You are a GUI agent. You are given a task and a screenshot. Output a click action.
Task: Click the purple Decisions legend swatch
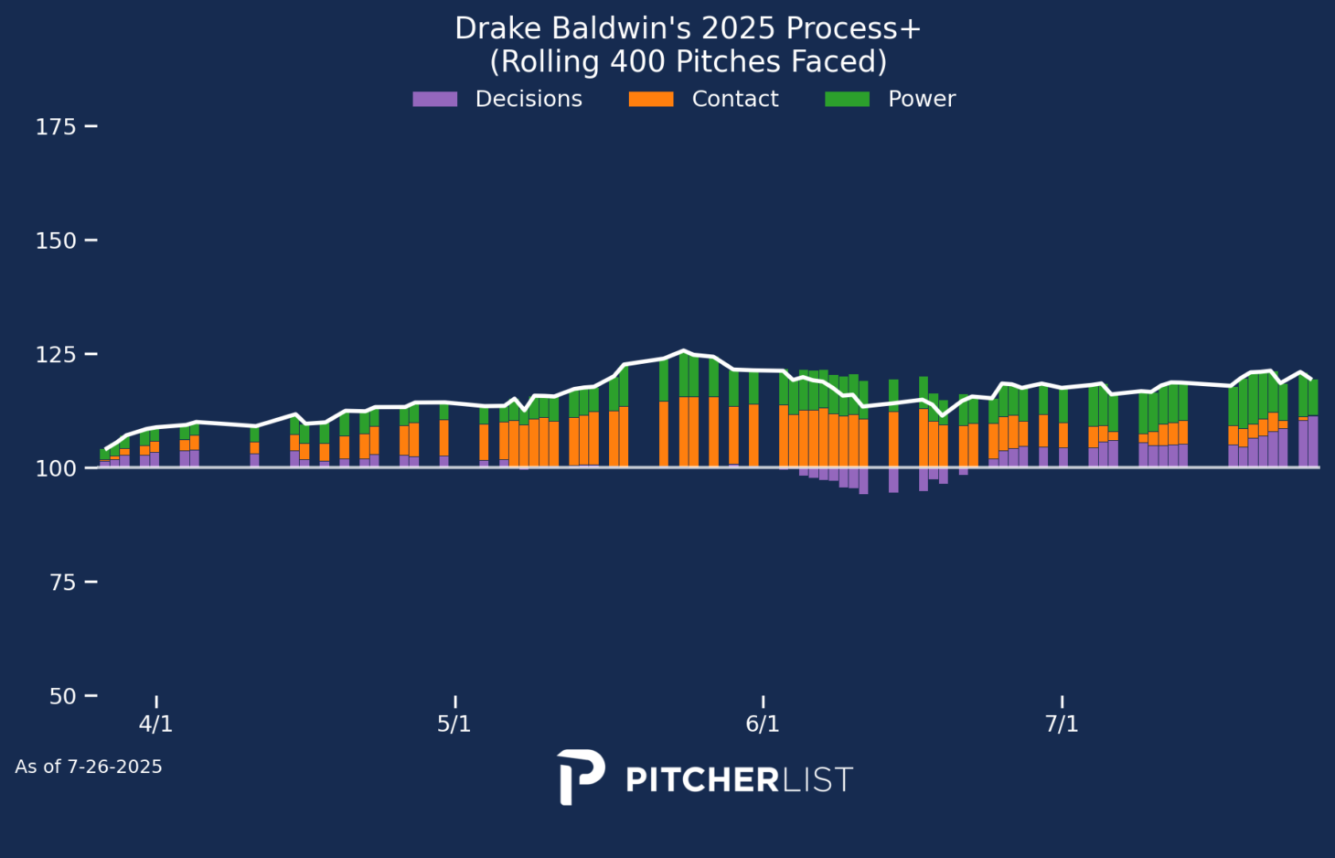[435, 99]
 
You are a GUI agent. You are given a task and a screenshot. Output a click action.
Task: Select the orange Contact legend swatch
[651, 99]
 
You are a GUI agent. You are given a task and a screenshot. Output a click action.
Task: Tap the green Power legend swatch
[847, 99]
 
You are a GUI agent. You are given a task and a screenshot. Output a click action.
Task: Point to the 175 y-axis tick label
[55, 127]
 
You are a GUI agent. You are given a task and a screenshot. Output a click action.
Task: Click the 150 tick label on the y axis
[55, 241]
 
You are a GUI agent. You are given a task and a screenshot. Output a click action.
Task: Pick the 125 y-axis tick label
[55, 354]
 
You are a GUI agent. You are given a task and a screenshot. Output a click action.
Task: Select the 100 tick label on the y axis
[55, 468]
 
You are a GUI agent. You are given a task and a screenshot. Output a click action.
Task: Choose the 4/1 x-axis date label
[155, 724]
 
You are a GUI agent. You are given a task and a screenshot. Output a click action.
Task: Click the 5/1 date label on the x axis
[454, 724]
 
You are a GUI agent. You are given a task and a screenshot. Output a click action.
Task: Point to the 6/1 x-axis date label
[763, 724]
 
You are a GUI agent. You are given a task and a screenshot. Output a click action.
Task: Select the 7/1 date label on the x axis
[1062, 724]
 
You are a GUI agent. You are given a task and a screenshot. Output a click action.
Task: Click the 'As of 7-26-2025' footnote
[89, 767]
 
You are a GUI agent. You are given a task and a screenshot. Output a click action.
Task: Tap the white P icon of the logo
[580, 777]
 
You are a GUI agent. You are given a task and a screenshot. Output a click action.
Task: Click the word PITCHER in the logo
[701, 780]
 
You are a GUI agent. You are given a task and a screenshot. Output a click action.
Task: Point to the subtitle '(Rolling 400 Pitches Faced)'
[688, 62]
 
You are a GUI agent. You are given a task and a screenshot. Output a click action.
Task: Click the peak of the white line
[682, 350]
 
